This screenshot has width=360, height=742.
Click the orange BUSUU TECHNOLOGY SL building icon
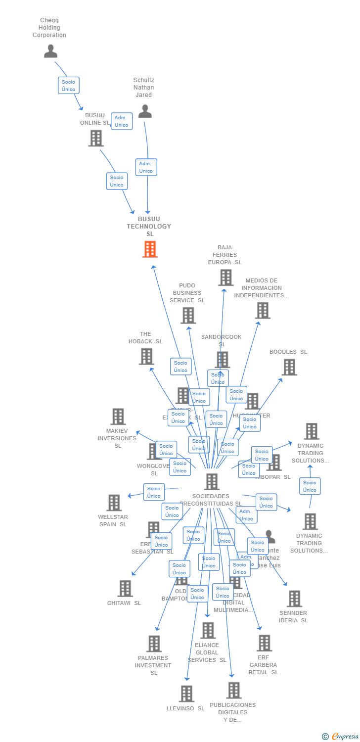tap(150, 249)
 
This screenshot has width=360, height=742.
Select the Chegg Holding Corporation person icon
tap(50, 51)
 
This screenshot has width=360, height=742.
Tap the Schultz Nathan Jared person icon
tap(145, 111)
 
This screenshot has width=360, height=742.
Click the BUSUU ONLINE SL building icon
tap(96, 139)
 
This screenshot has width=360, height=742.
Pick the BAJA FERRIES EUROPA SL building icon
tap(225, 278)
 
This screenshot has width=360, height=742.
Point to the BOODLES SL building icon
tap(289, 367)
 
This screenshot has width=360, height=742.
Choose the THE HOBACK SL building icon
tap(146, 356)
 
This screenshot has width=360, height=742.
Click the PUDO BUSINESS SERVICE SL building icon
tap(188, 315)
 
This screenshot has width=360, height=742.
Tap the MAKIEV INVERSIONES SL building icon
tap(118, 417)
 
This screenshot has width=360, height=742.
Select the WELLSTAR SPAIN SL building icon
tap(114, 503)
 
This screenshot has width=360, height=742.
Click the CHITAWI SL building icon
tap(125, 588)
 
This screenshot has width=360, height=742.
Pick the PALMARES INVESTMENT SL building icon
tap(154, 644)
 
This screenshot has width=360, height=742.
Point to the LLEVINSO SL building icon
tap(186, 694)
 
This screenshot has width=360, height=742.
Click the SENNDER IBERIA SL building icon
tap(294, 599)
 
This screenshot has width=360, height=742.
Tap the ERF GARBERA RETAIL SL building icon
tap(264, 643)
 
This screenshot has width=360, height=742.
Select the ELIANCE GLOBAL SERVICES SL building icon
tap(208, 630)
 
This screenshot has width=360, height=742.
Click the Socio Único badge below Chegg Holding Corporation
tap(68, 86)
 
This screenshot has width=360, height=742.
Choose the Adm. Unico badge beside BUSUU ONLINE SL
tap(122, 121)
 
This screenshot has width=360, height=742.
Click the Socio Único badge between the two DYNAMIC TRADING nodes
tap(310, 486)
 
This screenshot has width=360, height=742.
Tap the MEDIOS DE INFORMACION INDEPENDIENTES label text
tap(262, 288)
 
